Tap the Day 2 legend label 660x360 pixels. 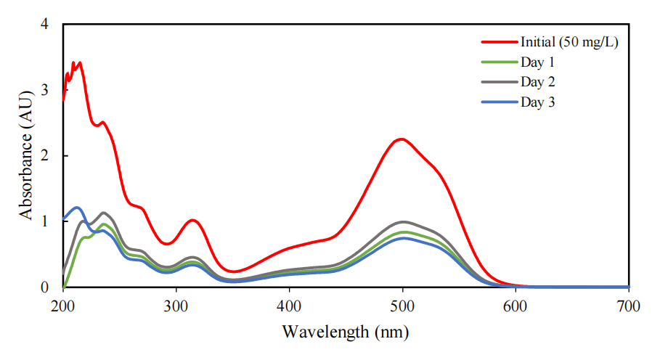pos(537,81)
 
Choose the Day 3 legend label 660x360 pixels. pos(537,102)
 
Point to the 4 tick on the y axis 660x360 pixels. pos(45,25)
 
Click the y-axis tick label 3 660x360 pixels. pos(45,90)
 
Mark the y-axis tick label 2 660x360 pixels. pos(45,156)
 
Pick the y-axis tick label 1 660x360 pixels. pos(45,221)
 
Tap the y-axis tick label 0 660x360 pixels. pos(45,287)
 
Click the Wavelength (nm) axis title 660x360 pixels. pos(345,333)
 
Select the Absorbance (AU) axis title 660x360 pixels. pos(26,155)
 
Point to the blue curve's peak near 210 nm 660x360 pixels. pos(77,208)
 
